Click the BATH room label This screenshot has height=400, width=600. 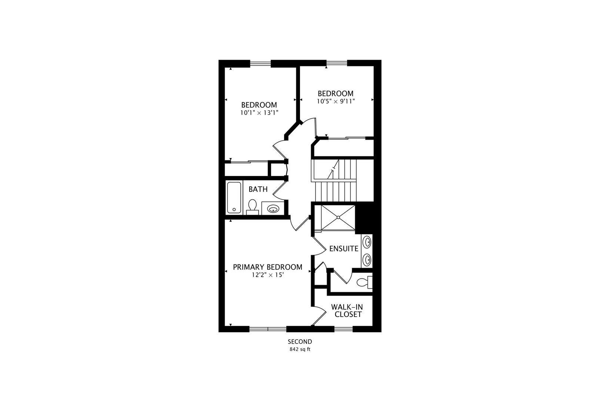[x=258, y=189]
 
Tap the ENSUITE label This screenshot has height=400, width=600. [x=344, y=249]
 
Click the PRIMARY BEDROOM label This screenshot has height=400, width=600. [x=267, y=267]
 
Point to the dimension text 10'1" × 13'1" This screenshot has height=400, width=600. [x=259, y=113]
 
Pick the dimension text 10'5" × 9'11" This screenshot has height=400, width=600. [x=336, y=101]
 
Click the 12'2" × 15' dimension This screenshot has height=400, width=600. [x=267, y=275]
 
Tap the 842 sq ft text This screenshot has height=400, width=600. [x=300, y=349]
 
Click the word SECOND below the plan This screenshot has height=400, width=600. [x=300, y=341]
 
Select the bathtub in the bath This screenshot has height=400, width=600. [x=234, y=197]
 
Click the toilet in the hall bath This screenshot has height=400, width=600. [x=252, y=207]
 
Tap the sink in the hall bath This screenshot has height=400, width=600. [x=273, y=209]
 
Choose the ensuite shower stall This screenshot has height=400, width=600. [x=338, y=217]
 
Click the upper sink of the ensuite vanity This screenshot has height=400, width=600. [x=367, y=242]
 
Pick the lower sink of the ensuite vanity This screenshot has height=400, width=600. [x=367, y=259]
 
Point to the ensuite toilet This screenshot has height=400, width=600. [x=364, y=282]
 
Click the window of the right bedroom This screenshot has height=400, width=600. [x=337, y=63]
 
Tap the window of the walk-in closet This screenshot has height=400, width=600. [x=343, y=329]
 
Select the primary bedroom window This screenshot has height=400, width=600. [x=268, y=329]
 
